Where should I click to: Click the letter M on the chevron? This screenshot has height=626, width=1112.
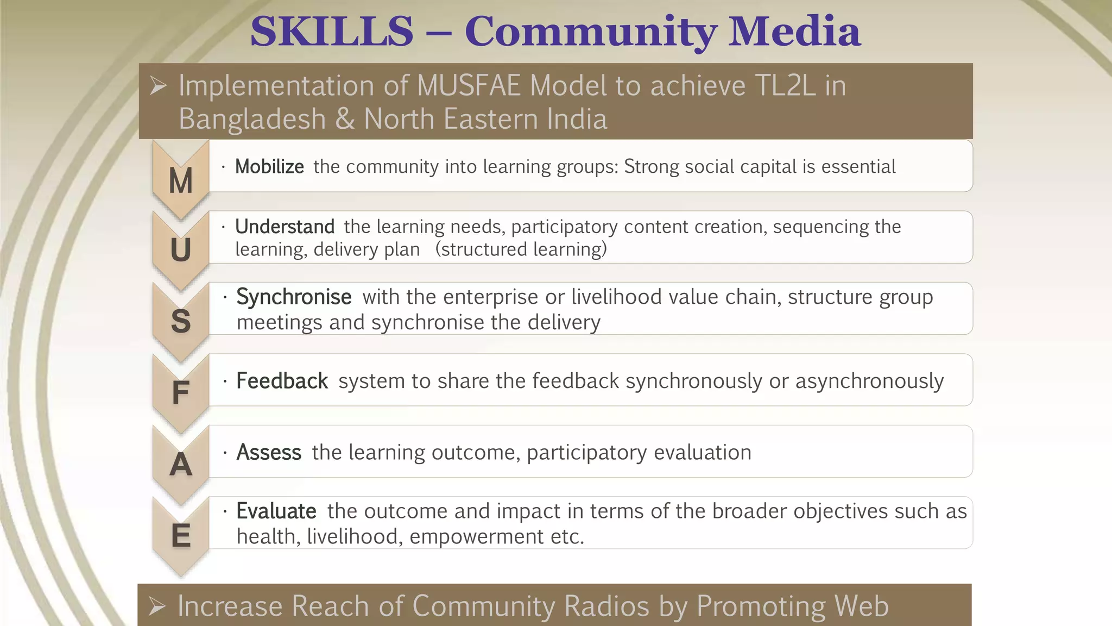(181, 181)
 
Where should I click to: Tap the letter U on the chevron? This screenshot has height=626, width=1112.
(181, 250)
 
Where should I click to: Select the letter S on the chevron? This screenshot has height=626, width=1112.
(181, 321)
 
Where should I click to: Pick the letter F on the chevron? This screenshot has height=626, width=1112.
(181, 392)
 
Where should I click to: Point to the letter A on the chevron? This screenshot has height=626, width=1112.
(181, 465)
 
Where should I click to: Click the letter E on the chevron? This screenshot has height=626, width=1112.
(181, 536)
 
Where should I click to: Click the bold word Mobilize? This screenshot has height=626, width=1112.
(269, 167)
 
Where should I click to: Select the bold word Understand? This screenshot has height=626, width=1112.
(285, 227)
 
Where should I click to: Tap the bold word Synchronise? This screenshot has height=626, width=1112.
(294, 297)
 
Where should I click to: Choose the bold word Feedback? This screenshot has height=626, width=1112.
(282, 381)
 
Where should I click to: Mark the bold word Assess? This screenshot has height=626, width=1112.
(269, 453)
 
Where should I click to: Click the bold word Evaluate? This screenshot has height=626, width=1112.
(276, 511)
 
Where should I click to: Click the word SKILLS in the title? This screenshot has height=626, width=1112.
(332, 32)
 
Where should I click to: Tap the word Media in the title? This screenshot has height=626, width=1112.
(794, 32)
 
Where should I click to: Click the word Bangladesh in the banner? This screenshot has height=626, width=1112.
(252, 119)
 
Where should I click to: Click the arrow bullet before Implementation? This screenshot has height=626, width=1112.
(158, 86)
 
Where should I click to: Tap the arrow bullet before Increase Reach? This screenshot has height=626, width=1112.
(157, 606)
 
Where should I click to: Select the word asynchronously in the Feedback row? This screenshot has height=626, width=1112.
(869, 381)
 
